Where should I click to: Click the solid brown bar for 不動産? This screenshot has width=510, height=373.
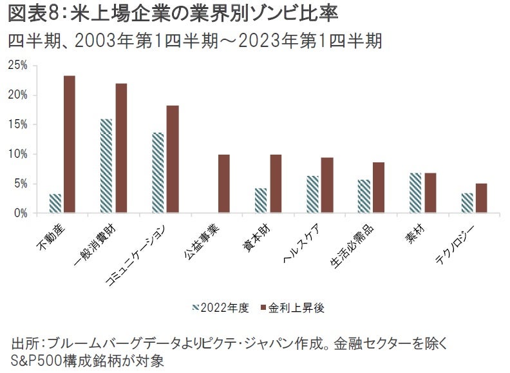pyautogui.click(x=69, y=144)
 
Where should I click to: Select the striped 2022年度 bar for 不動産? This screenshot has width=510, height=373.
pyautogui.click(x=55, y=203)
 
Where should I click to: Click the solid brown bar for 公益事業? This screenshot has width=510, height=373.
pyautogui.click(x=224, y=184)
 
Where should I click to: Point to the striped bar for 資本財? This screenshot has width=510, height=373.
pyautogui.click(x=261, y=200)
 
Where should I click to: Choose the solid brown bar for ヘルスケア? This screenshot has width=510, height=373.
pyautogui.click(x=326, y=185)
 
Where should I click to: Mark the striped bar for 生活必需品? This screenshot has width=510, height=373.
pyautogui.click(x=364, y=196)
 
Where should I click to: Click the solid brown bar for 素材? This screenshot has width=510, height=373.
pyautogui.click(x=430, y=193)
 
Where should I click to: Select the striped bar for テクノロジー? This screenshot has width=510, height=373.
pyautogui.click(x=467, y=203)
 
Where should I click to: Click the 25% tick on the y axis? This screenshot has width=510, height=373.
pyautogui.click(x=17, y=65)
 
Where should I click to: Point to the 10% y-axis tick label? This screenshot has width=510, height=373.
pyautogui.click(x=17, y=154)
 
